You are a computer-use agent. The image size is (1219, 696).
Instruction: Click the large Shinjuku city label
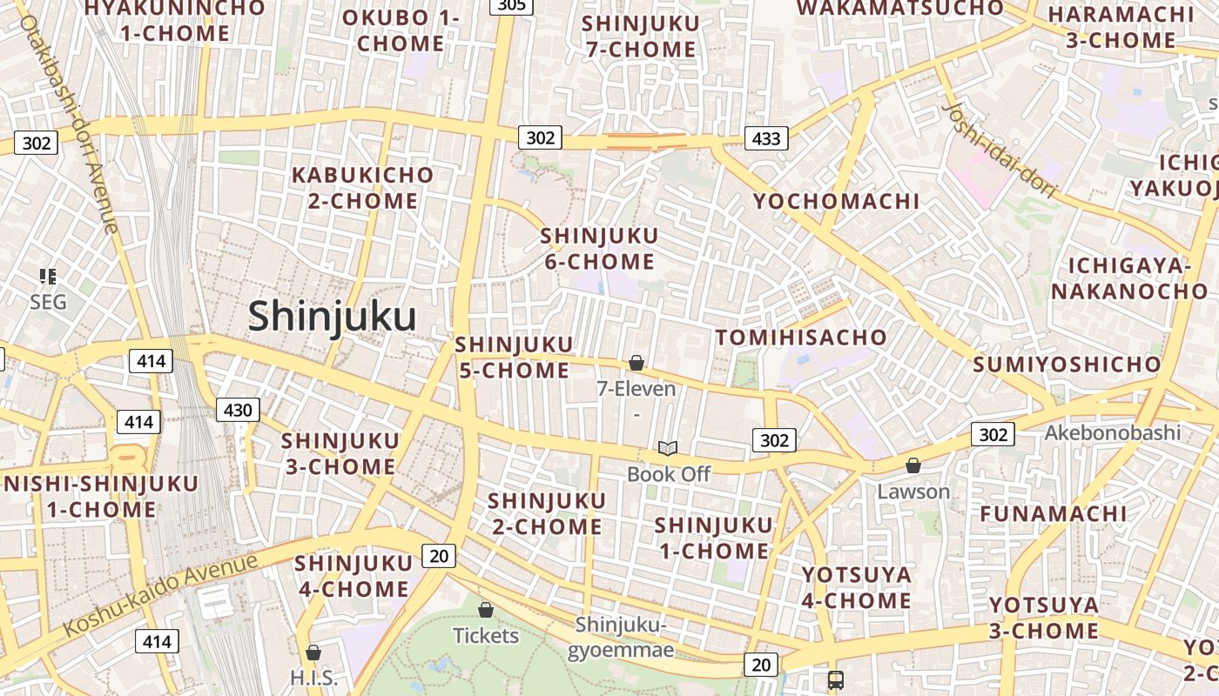[332, 317]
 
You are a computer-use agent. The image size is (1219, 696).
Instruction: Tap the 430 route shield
[238, 410]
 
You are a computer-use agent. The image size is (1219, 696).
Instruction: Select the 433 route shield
[766, 137]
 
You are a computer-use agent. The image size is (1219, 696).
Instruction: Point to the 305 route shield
[512, 6]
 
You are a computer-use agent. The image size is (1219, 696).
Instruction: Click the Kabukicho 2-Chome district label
[362, 188]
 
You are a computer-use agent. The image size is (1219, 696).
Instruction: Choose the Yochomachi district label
[836, 202]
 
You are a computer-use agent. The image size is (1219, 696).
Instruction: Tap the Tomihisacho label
[801, 338]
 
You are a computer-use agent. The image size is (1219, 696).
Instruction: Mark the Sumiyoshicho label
[1067, 365]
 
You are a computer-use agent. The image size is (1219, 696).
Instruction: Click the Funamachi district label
[1054, 514]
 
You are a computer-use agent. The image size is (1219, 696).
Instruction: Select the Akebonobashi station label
[1113, 432]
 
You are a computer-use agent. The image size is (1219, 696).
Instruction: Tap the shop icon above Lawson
[913, 465]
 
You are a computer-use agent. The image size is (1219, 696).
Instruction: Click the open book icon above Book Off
[668, 449]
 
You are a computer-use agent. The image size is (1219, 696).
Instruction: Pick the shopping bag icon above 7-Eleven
[636, 363]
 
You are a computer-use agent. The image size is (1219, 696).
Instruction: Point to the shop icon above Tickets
[486, 610]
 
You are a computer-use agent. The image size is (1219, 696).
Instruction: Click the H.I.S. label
[313, 678]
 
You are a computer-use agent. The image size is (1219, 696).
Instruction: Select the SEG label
[48, 303]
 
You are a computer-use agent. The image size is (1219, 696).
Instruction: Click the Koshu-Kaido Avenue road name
[161, 593]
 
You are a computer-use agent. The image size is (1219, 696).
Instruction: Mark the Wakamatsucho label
[900, 9]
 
